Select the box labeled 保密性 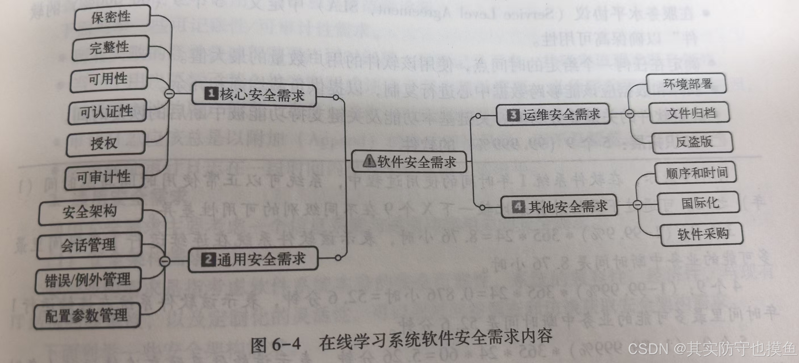click(112, 17)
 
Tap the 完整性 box click(110, 48)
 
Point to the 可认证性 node click(107, 112)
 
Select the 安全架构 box click(90, 212)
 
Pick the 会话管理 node click(89, 245)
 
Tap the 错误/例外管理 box click(88, 280)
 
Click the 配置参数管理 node click(87, 316)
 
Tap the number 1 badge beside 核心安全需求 click(211, 93)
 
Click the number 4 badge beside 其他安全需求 click(518, 206)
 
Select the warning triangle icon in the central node click(369, 161)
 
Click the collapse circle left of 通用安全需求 click(165, 261)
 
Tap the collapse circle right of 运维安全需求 click(629, 114)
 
